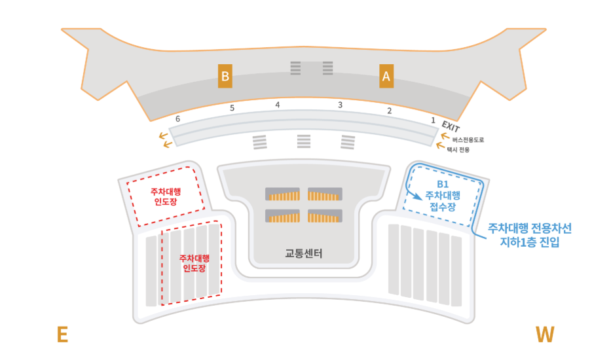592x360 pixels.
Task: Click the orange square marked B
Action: click(x=225, y=77)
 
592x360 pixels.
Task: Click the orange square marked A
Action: click(x=386, y=77)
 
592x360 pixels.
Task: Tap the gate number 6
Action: click(x=177, y=119)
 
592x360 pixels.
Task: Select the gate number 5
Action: click(x=232, y=109)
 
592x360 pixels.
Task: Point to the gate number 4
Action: click(x=278, y=105)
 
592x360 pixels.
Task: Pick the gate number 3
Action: click(x=340, y=105)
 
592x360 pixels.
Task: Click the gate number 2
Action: click(x=389, y=111)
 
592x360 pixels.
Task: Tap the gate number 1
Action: click(x=433, y=120)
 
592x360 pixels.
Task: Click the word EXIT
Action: click(x=451, y=126)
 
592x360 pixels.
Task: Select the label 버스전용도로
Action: click(x=468, y=140)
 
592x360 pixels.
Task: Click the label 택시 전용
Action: click(x=460, y=150)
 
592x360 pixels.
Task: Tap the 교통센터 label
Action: click(x=304, y=253)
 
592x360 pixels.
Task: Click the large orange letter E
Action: click(x=62, y=335)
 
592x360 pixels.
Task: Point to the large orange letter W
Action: click(x=544, y=335)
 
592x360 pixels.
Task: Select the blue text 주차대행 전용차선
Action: click(x=530, y=228)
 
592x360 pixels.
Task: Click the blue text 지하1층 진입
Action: click(x=530, y=242)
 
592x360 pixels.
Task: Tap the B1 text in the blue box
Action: click(x=443, y=185)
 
